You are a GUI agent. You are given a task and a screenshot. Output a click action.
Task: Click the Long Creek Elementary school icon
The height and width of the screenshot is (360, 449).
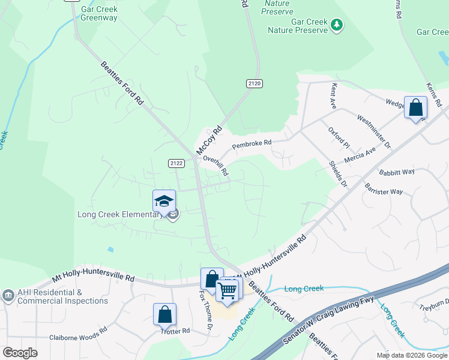click(x=164, y=202)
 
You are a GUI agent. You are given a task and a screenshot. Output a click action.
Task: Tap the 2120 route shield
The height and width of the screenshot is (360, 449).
click(x=254, y=85)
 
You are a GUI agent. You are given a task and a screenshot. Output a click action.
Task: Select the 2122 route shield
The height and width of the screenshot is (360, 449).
click(x=176, y=163)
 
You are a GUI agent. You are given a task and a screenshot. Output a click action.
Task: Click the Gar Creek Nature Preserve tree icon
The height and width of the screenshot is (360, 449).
click(x=337, y=25)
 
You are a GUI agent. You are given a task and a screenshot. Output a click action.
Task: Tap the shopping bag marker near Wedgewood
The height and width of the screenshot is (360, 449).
click(x=415, y=109)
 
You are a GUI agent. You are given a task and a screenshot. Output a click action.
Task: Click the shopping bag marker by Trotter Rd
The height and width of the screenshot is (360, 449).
click(x=164, y=315)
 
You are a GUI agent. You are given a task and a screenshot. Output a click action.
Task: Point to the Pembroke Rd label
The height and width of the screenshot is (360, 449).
click(x=252, y=143)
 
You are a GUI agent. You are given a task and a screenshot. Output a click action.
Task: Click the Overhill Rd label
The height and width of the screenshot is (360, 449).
click(x=215, y=166)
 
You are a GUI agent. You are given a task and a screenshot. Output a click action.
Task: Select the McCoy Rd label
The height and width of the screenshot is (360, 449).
click(x=208, y=139)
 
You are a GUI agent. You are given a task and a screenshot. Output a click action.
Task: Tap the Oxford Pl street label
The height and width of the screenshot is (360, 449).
click(x=339, y=137)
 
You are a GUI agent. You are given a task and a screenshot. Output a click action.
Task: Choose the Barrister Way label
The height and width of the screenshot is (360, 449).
click(x=383, y=188)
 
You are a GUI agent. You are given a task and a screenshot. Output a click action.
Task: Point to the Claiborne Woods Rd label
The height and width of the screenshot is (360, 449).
click(x=78, y=337)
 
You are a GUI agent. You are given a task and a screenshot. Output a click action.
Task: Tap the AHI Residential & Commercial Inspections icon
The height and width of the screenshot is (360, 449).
click(x=8, y=295)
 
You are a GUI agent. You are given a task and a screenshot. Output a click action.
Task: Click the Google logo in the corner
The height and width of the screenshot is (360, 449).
click(x=20, y=353)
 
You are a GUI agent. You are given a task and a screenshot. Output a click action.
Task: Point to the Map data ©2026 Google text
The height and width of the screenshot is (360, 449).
click(x=411, y=355)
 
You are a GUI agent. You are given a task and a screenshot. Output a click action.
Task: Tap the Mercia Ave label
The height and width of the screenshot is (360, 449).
click(x=360, y=155)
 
